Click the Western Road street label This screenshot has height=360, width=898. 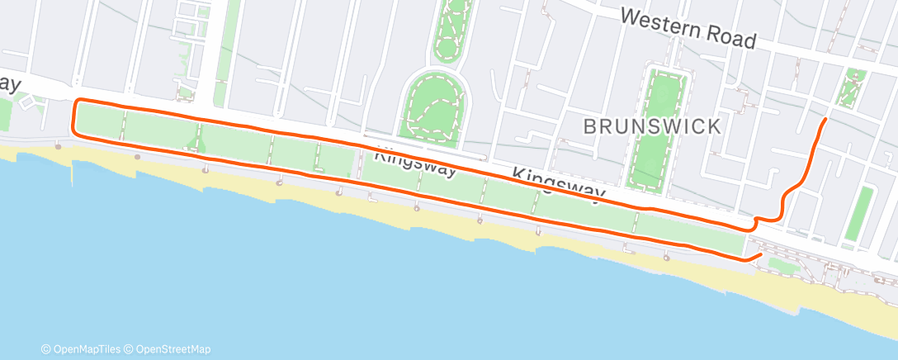point(688,27)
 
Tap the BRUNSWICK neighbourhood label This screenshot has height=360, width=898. point(652,126)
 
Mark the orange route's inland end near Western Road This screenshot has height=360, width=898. point(825,121)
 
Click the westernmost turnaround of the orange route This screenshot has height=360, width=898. point(75,117)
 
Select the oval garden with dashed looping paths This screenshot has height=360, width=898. point(434,104)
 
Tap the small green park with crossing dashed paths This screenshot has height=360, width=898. point(850,88)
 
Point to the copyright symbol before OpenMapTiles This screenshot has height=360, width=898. point(46,348)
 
